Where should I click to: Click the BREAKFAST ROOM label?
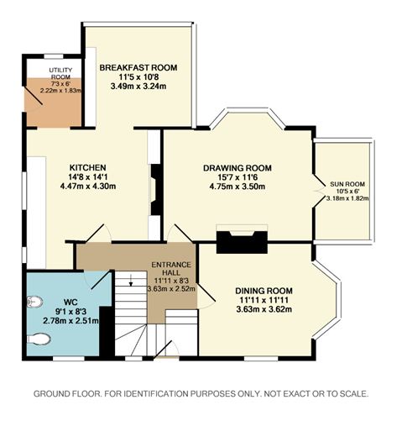[138, 67]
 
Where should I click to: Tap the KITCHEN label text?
[87, 167]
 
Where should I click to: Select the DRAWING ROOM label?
[238, 168]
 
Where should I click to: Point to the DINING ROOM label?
[264, 291]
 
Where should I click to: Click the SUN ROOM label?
[347, 184]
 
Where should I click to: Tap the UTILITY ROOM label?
[60, 73]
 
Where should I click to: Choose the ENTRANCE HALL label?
[171, 268]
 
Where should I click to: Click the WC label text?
[70, 303]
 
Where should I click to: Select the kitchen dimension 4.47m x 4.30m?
[88, 186]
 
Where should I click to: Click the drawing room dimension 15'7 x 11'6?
[238, 177]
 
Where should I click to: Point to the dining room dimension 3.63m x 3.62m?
[264, 309]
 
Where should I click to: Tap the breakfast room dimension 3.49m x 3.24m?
[138, 86]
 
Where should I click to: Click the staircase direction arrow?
[131, 281]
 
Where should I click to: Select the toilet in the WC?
[39, 339]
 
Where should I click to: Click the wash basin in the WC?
[34, 302]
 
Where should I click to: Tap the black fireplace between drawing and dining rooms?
[242, 242]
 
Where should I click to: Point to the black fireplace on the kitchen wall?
[155, 190]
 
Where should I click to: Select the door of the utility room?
[33, 95]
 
